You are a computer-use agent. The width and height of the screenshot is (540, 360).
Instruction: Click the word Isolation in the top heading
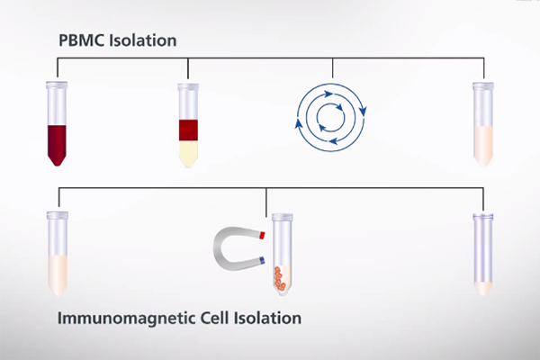142,40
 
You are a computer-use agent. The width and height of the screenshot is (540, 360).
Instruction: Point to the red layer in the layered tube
188,130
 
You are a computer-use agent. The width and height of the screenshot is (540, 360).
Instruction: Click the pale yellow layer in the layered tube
188,154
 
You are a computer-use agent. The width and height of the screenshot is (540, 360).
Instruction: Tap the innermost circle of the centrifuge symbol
330,118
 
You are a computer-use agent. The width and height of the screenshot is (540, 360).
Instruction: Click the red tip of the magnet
262,236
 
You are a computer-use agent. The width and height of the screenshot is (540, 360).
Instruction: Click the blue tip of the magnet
262,260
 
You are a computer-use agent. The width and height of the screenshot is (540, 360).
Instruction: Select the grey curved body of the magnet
224,248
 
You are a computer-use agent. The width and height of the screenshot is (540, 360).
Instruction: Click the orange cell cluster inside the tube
280,277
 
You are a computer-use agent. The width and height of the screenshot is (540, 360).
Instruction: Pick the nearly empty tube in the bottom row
483,254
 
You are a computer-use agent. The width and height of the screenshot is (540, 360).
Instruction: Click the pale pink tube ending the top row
483,124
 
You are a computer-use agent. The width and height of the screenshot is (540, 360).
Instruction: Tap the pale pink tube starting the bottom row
58,254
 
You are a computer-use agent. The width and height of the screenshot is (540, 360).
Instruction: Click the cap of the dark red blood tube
57,85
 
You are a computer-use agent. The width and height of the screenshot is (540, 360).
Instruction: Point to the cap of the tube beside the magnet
283,218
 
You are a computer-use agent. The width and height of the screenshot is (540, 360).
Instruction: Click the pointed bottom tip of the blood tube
58,166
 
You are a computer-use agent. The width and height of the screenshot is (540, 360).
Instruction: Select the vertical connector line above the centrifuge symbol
333,68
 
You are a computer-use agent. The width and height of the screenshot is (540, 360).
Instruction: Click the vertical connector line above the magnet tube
266,202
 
